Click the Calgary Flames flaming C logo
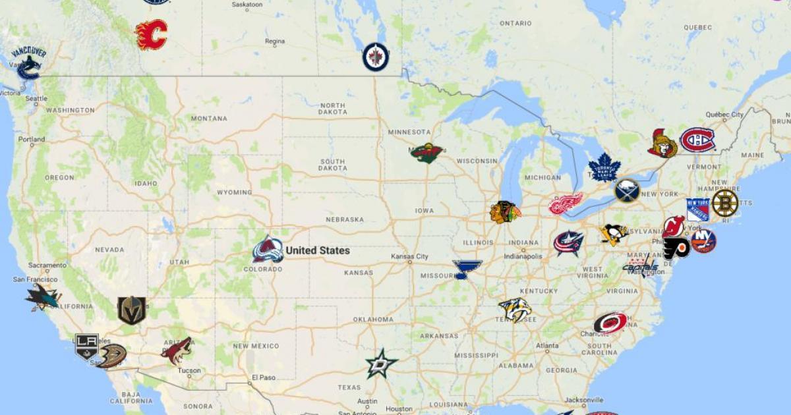pyautogui.click(x=151, y=34)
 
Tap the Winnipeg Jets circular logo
pyautogui.click(x=375, y=57)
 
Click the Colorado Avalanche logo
pyautogui.click(x=268, y=250)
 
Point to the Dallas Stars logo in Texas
pyautogui.click(x=382, y=364)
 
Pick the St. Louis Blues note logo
pyautogui.click(x=467, y=269)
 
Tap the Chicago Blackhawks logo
pyautogui.click(x=505, y=211)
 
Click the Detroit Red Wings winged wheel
pyautogui.click(x=566, y=204)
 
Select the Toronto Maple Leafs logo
pyautogui.click(x=604, y=167)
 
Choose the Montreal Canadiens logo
pyautogui.click(x=697, y=140)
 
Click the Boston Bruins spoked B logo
pyautogui.click(x=724, y=203)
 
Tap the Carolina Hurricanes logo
pyautogui.click(x=610, y=323)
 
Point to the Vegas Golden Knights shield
pyautogui.click(x=131, y=310)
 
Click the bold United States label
pyautogui.click(x=318, y=250)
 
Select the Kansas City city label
pyautogui.click(x=409, y=256)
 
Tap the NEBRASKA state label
pyautogui.click(x=345, y=219)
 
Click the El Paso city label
pyautogui.click(x=264, y=377)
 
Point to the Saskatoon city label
pyautogui.click(x=247, y=5)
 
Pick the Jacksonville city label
pyautogui.click(x=583, y=400)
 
